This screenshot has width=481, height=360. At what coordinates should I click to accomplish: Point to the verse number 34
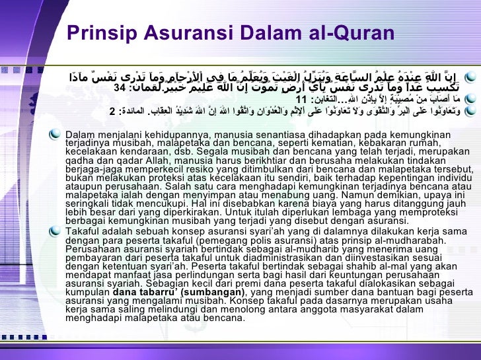(x=120, y=87)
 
